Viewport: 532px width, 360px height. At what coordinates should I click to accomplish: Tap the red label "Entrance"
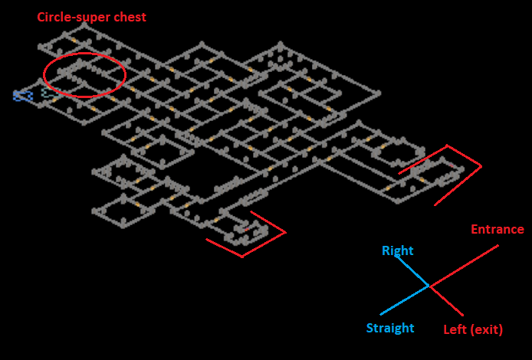(497, 230)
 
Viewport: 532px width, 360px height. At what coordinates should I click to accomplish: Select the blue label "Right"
(397, 251)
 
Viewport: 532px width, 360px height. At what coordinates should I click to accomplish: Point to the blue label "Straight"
(389, 329)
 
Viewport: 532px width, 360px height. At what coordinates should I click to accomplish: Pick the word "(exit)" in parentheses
(487, 330)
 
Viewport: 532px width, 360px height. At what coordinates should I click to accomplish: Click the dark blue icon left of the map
(22, 96)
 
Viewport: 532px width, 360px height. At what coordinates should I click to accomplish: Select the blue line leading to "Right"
(412, 271)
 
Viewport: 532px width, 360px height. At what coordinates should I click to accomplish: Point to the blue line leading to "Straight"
(404, 300)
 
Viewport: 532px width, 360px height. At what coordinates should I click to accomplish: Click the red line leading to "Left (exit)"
(446, 301)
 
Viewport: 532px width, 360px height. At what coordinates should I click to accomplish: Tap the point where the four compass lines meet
(429, 286)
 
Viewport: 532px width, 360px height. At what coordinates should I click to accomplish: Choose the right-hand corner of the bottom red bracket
(285, 232)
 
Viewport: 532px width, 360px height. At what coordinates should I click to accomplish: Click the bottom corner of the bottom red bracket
(242, 257)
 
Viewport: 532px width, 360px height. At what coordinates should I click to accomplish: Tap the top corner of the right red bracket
(448, 146)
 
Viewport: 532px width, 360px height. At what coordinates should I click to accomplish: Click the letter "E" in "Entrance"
(475, 230)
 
